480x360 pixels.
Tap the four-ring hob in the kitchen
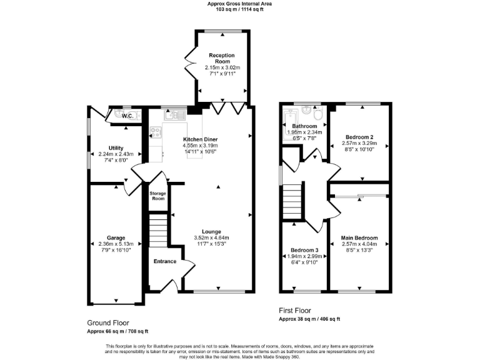click(156, 132)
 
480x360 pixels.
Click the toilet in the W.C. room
click(137, 115)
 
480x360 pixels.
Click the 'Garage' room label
click(116, 238)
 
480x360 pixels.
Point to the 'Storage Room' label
click(157, 196)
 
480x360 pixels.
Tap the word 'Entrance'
click(164, 261)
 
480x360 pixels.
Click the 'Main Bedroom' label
click(359, 238)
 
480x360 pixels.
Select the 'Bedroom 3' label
click(304, 251)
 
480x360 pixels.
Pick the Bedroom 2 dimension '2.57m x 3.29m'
click(359, 142)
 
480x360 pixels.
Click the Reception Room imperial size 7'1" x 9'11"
click(222, 73)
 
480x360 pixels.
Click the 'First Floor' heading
click(294, 311)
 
